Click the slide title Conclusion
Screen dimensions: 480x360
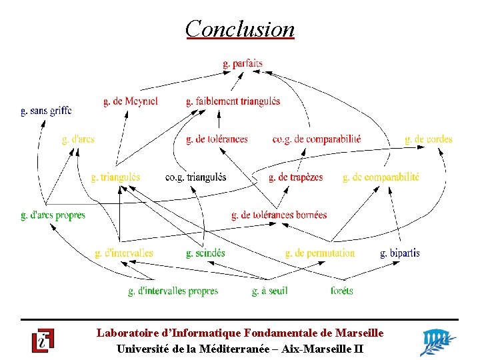239,29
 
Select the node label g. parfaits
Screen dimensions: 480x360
243,64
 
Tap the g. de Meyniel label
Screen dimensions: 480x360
131,101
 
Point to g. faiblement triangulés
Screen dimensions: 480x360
233,101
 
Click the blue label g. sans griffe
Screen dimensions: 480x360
46,111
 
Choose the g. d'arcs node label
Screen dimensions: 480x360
78,139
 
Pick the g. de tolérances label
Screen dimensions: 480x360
217,139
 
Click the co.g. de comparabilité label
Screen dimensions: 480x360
317,139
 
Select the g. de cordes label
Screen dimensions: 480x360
429,139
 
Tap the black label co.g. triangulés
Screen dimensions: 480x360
195,177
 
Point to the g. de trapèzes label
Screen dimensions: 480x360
296,177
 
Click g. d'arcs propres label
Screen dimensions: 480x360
53,215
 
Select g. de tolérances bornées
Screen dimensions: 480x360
279,215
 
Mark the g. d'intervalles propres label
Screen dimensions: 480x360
173,291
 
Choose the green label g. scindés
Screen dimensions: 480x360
205,253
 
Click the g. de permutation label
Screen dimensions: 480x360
320,253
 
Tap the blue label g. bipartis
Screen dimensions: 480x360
400,253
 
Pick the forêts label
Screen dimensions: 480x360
342,291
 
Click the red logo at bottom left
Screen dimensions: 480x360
43,341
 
